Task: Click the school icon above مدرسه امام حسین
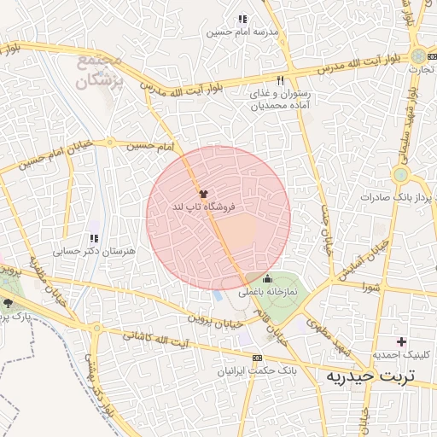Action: (x=242, y=19)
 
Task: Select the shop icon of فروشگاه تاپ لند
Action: (x=202, y=195)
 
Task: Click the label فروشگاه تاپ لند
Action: (x=203, y=207)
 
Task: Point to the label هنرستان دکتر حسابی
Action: (x=83, y=252)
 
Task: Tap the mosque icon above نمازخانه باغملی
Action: (x=268, y=278)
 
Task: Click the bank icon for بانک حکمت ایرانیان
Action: (x=257, y=358)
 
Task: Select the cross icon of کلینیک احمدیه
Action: (x=401, y=341)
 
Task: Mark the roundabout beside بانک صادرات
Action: (x=399, y=175)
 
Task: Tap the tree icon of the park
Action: (x=9, y=303)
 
